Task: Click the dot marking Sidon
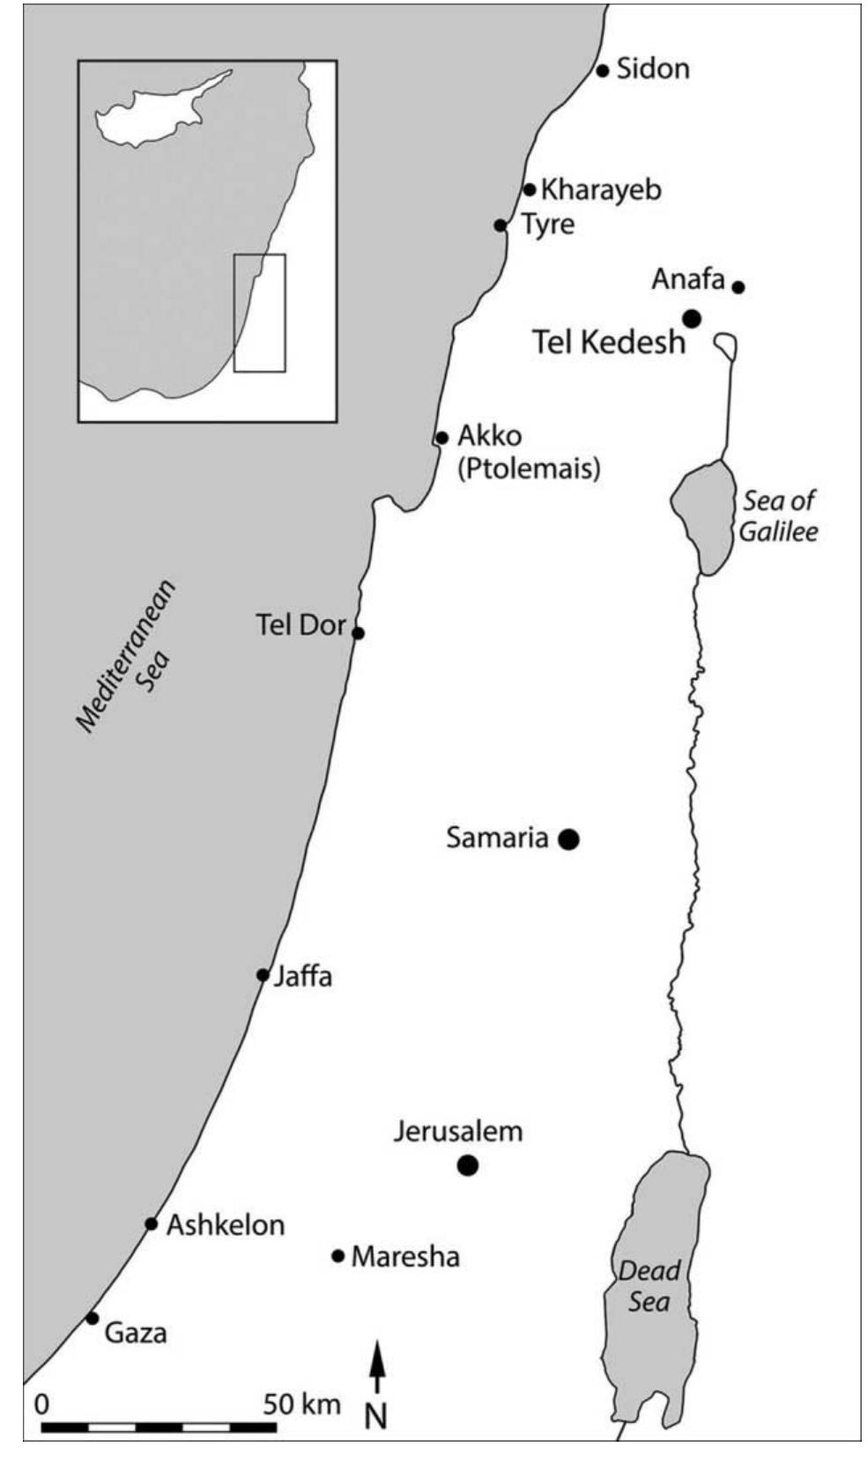coord(603,70)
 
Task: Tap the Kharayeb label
coord(601,189)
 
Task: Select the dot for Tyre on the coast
coord(501,225)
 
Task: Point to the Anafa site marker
coord(738,287)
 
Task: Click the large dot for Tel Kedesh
coord(692,319)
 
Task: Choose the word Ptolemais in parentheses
coord(529,468)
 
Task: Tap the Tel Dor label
coord(300,625)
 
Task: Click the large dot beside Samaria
coord(569,839)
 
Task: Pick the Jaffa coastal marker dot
coord(263,975)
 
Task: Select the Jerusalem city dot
coord(468,1166)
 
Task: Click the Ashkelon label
coord(226,1225)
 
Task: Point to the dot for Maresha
coord(338,1256)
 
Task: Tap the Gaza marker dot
coord(93,1318)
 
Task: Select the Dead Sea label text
coord(649,1286)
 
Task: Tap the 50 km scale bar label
coord(301,1404)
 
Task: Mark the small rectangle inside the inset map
coord(259,313)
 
